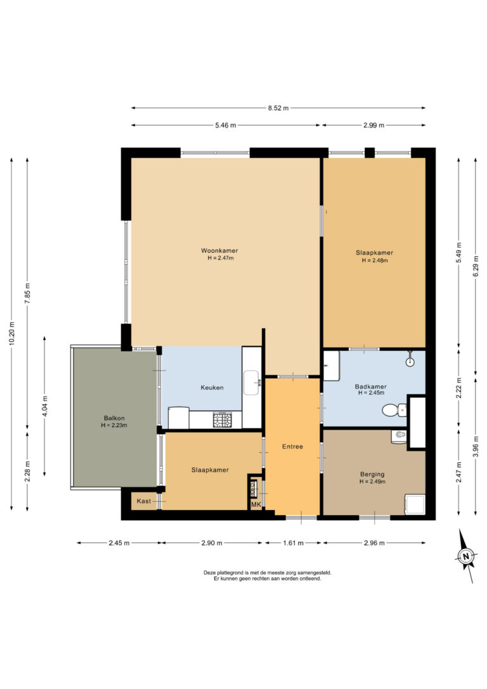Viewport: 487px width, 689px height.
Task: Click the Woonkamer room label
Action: tap(220, 250)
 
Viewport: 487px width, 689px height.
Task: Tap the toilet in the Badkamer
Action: tap(394, 410)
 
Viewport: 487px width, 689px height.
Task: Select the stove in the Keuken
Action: tap(222, 419)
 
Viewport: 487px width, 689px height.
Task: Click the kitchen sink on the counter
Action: tap(251, 381)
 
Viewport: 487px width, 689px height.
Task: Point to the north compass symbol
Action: tap(466, 556)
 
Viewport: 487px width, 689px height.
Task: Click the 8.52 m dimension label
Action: tap(278, 108)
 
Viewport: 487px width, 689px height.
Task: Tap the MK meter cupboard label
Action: tap(256, 504)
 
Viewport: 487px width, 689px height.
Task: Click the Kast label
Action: tap(144, 501)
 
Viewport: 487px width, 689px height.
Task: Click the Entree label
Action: tap(292, 447)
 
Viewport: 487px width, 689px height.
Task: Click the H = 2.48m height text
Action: tap(374, 260)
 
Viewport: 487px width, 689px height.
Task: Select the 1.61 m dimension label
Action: tap(292, 542)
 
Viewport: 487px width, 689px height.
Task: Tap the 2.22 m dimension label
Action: tap(459, 386)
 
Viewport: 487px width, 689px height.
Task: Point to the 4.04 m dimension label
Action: tap(44, 406)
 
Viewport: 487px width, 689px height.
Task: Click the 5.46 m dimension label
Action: tap(225, 126)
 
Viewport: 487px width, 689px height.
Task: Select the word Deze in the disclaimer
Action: tap(209, 572)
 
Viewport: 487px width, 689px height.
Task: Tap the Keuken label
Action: tap(212, 388)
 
